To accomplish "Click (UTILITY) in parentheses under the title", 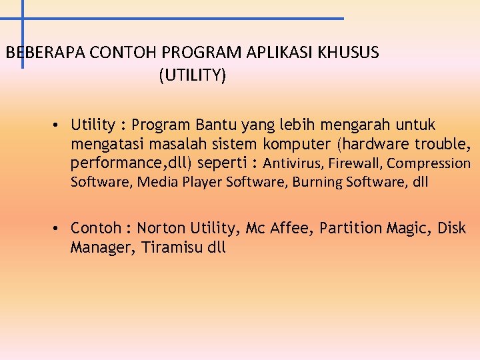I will [x=193, y=75].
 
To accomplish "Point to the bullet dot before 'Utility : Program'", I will [x=59, y=125].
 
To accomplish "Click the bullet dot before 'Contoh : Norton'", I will [x=59, y=229].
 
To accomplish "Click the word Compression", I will [x=429, y=163].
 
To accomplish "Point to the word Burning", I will [x=317, y=182].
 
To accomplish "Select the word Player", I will [x=203, y=182].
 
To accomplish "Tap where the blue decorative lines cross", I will [x=23, y=19].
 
